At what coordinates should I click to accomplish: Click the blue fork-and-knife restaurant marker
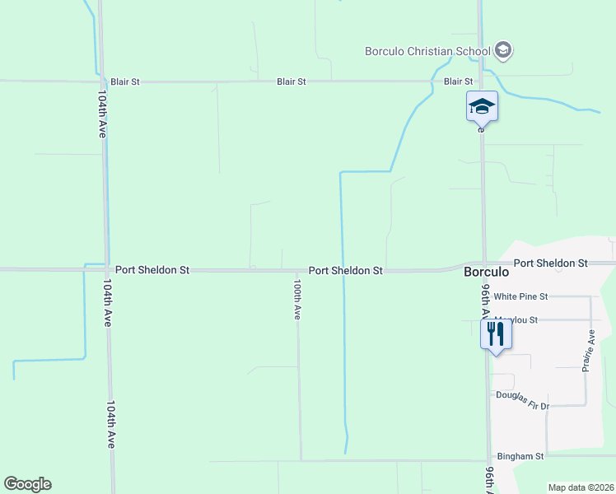(x=495, y=334)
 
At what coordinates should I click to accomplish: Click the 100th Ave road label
(x=297, y=299)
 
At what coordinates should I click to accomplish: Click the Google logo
(x=27, y=484)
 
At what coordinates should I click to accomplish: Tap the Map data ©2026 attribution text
(x=581, y=487)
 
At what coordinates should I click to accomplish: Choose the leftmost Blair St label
(x=125, y=82)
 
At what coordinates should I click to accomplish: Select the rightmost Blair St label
(x=458, y=82)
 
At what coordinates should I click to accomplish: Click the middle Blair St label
(x=292, y=82)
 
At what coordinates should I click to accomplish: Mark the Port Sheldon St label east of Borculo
(x=550, y=263)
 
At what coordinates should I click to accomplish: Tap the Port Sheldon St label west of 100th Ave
(x=152, y=269)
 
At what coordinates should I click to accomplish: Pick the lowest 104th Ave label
(x=110, y=424)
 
